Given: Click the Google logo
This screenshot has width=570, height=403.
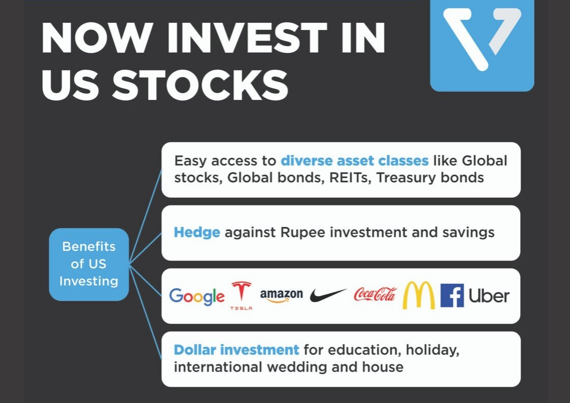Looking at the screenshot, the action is (196, 296).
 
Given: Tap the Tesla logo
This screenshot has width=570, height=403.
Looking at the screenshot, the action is (241, 295).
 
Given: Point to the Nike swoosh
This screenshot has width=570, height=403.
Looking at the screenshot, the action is (328, 295).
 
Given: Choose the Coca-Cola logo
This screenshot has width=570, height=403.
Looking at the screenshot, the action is (375, 294).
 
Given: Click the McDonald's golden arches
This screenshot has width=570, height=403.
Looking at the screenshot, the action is (418, 295).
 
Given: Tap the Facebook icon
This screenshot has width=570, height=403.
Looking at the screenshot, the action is (452, 295).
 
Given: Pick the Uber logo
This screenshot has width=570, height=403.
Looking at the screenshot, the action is (489, 296).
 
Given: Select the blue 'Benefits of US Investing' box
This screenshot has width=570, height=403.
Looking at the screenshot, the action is (89, 264).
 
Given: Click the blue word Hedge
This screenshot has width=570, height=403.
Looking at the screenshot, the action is (196, 232).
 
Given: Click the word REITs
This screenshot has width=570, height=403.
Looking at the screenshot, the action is (350, 178).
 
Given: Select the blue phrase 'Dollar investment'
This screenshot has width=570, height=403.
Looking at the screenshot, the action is (237, 350).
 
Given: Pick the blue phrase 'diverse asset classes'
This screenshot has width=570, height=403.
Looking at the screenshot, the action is (355, 160).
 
